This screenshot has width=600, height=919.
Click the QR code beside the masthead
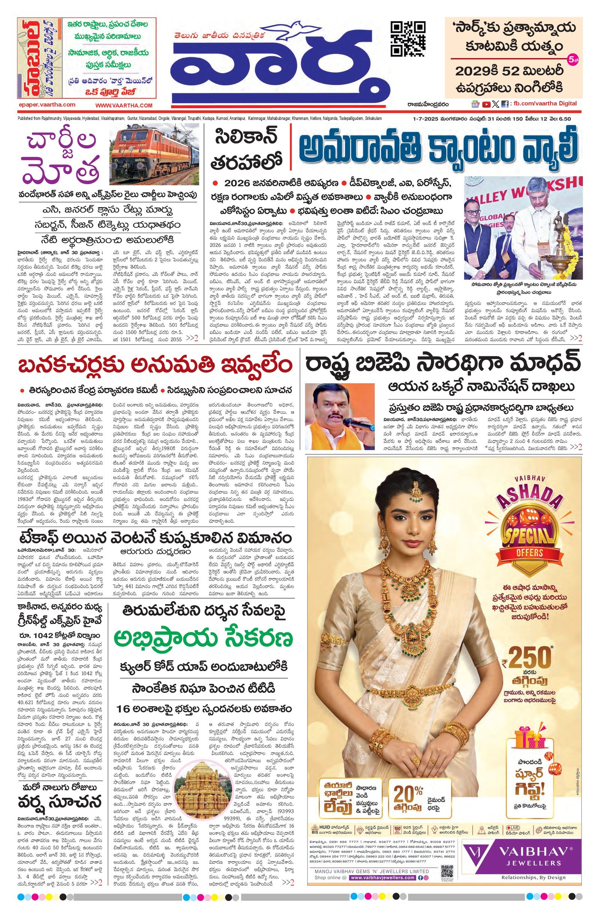click(x=408, y=39)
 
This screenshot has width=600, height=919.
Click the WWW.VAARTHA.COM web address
click(x=124, y=105)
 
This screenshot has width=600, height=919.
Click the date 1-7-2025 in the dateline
click(x=421, y=119)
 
